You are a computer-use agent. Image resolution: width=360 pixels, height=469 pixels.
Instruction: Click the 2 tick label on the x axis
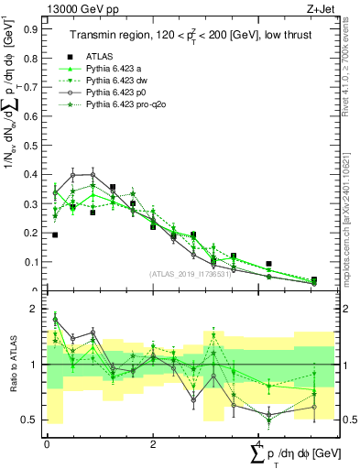tap(153, 443)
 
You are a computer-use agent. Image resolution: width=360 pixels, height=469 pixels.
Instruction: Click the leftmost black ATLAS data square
tap(55, 235)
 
